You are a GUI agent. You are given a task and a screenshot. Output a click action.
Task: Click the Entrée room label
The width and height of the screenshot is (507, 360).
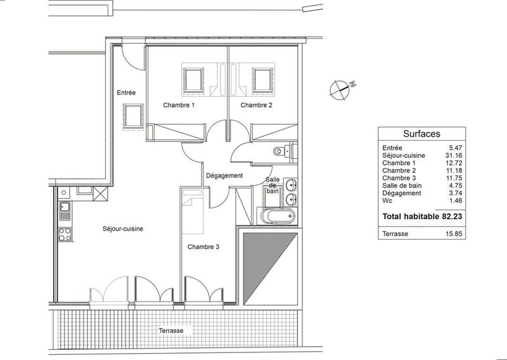click(x=127, y=93)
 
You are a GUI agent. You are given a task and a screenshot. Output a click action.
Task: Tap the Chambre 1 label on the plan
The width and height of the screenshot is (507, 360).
click(x=179, y=105)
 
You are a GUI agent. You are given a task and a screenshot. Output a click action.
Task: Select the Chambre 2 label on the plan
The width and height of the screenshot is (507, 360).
click(x=257, y=105)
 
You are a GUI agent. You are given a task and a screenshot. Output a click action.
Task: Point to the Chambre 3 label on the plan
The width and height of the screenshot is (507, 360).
click(x=203, y=247)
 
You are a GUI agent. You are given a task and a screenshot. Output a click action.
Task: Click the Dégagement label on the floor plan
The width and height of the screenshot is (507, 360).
click(x=224, y=176)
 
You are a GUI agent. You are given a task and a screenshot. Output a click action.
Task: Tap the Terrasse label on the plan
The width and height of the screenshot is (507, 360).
click(x=172, y=331)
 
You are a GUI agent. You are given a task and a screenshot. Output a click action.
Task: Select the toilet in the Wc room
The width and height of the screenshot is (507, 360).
click(x=279, y=151)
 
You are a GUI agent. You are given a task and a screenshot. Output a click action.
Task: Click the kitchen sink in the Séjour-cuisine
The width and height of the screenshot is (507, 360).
click(x=65, y=207)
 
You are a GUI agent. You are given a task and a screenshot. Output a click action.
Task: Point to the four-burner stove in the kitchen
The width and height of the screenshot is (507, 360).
click(x=65, y=233)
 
